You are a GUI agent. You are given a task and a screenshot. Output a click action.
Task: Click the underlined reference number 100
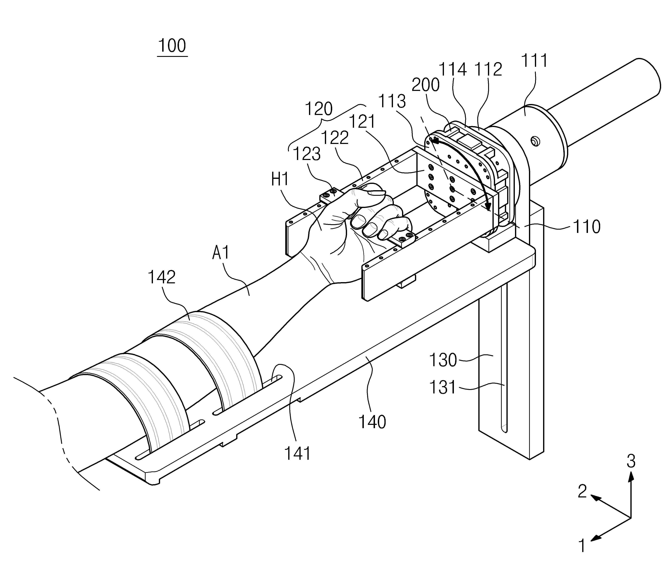pos(172,46)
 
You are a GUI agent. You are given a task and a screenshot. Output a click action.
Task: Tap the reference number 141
pos(297,454)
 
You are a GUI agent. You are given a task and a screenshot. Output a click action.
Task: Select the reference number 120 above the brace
pos(319,109)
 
